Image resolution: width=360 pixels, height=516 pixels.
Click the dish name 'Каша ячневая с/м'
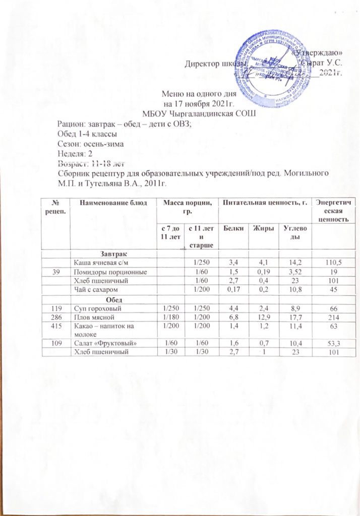coord(101,262)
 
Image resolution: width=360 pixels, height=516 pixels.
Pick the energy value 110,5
coord(331,262)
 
